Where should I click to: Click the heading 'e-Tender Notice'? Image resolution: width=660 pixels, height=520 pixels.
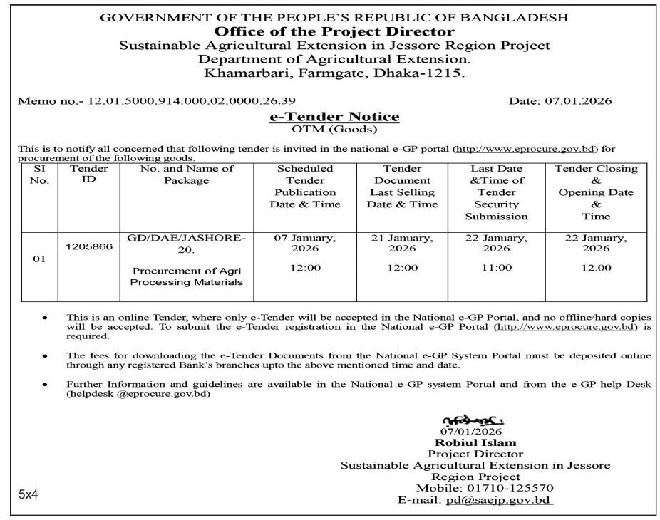point(334,117)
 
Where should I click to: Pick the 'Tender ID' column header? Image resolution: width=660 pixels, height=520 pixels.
point(89,175)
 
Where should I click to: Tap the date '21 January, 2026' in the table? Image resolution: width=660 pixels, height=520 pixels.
point(402,244)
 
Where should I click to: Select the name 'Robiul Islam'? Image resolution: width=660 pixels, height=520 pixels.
point(475,442)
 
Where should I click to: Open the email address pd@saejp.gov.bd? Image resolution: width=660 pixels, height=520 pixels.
point(498,501)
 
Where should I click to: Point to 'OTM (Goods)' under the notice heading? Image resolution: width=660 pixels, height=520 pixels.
point(334,130)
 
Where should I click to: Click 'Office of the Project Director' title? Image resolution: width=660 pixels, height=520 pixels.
point(334,32)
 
